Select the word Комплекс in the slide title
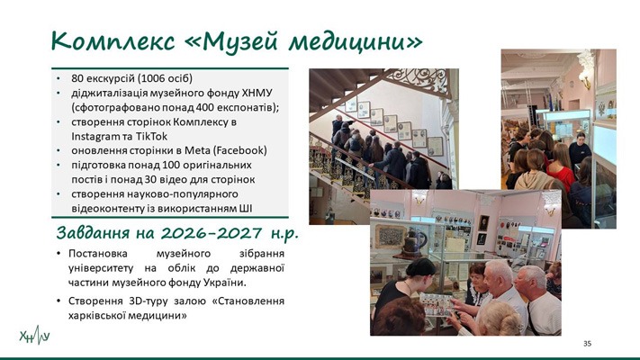coord(113,41)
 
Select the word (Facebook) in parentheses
coord(241,150)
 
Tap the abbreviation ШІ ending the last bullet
coord(245,209)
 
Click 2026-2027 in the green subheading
coord(212,233)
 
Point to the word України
coord(230,283)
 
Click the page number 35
coord(588,344)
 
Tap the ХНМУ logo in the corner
coord(35,336)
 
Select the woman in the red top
coord(561,167)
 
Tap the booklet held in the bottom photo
coord(437,304)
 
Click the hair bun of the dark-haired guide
coord(421,265)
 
